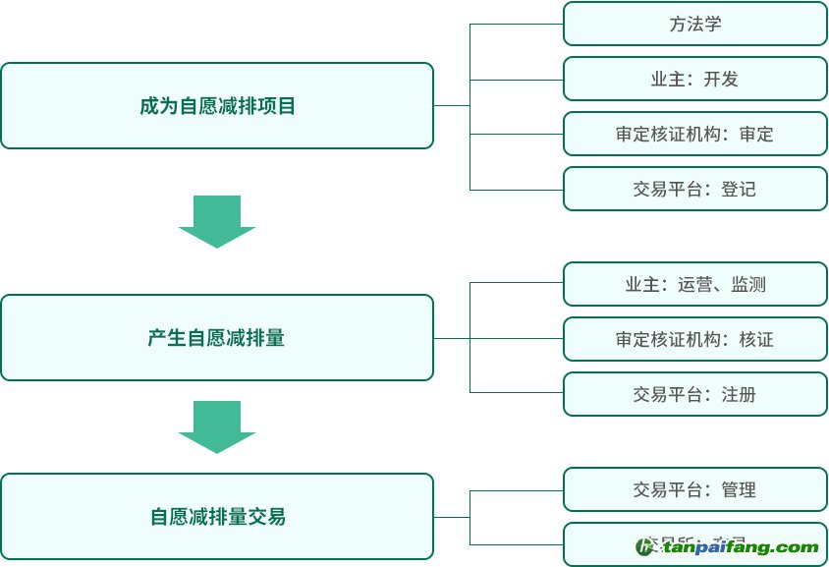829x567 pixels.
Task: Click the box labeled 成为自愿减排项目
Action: (x=217, y=106)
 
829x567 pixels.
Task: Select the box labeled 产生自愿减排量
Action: (x=217, y=338)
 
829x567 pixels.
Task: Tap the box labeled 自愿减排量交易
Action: (x=217, y=517)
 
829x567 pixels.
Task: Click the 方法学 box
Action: (x=695, y=24)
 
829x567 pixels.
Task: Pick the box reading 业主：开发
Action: (x=695, y=79)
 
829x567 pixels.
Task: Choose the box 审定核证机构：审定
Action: (x=695, y=134)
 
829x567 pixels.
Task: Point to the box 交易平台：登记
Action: (x=695, y=189)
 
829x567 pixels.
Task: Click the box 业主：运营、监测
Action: (x=695, y=285)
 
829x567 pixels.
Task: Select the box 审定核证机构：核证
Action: (x=695, y=340)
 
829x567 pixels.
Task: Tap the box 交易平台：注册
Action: (x=695, y=395)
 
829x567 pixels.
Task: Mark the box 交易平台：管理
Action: (x=695, y=489)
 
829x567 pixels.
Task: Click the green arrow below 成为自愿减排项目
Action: (x=217, y=222)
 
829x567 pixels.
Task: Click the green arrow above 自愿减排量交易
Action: (x=217, y=426)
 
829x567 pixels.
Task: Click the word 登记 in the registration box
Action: (x=739, y=189)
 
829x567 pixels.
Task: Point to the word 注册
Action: (x=739, y=395)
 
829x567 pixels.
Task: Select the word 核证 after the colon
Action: (x=756, y=340)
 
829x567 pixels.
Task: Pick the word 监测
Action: (x=748, y=285)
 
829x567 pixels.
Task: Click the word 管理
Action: (x=739, y=489)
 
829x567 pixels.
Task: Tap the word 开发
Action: (x=721, y=79)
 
